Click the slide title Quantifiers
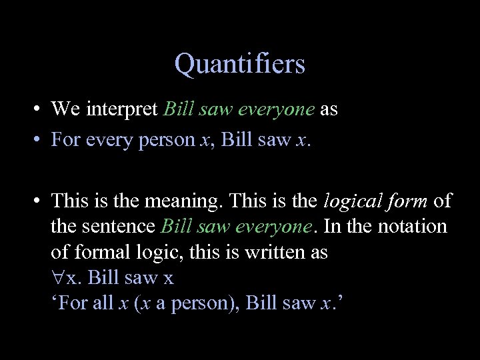coord(239,64)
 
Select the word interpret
coord(123,109)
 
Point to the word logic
coord(157,253)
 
